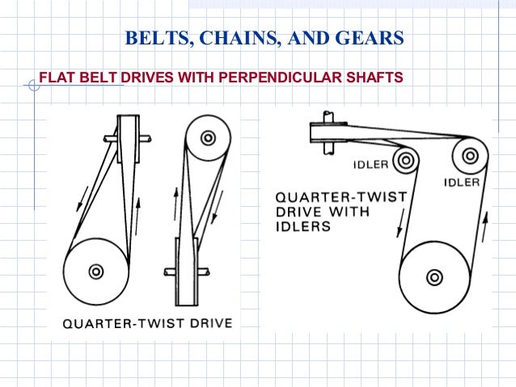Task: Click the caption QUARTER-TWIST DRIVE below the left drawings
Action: pyautogui.click(x=148, y=324)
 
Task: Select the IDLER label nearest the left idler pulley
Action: pyautogui.click(x=370, y=166)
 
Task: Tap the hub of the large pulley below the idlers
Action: pyautogui.click(x=434, y=277)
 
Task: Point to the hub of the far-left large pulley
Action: pyautogui.click(x=95, y=271)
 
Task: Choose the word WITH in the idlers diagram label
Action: pyautogui.click(x=352, y=212)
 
